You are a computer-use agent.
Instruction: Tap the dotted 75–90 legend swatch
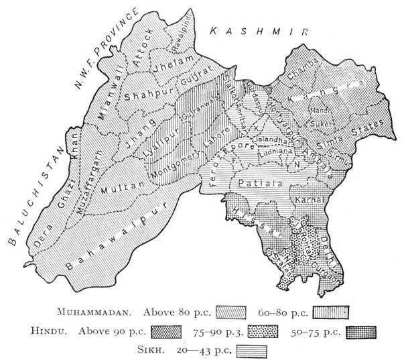[265, 331]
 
